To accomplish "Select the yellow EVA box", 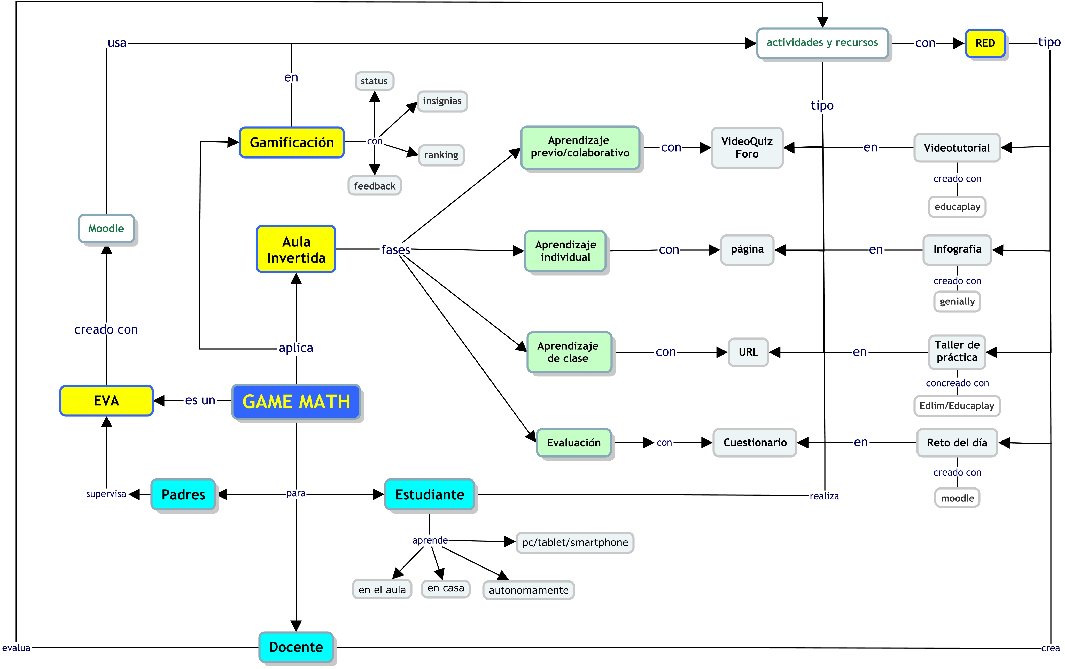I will [x=106, y=401].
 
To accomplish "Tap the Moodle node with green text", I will [x=106, y=229].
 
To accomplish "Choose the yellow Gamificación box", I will [x=291, y=142].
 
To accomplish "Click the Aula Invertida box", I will [x=296, y=249].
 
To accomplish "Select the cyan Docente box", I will [x=296, y=647].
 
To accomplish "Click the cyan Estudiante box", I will [x=430, y=494].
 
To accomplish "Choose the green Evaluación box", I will [x=574, y=443].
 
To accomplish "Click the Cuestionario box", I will [x=755, y=443].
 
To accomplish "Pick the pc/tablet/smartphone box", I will [x=574, y=542].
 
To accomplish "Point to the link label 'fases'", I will [x=395, y=250].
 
